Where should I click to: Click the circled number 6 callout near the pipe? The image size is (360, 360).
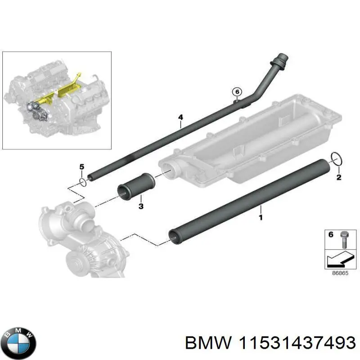(237, 92)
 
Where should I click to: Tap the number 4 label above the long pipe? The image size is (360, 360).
(180, 118)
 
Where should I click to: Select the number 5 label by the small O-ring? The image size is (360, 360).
(82, 167)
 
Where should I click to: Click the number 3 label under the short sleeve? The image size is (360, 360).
(141, 207)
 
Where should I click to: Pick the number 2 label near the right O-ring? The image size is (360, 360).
(339, 177)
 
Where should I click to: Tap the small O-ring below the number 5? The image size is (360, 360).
(82, 181)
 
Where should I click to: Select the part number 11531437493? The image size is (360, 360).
(293, 343)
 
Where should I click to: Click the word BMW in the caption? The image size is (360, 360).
(204, 343)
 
